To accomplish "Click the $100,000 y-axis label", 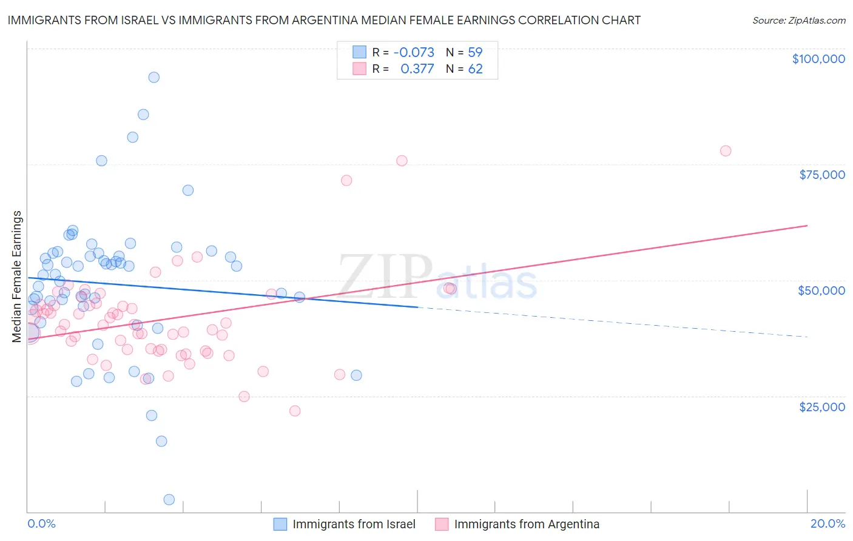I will pyautogui.click(x=818, y=59).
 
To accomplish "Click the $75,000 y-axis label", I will pyautogui.click(x=822, y=175).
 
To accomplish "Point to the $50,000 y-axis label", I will pyautogui.click(x=821, y=291).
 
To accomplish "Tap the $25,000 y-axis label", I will pyautogui.click(x=822, y=407).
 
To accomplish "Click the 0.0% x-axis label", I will pyautogui.click(x=41, y=523).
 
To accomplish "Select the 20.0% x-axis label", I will pyautogui.click(x=828, y=523).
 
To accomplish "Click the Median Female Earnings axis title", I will pyautogui.click(x=17, y=277).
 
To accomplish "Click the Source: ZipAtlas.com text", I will pyautogui.click(x=798, y=21).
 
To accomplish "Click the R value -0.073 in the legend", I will pyautogui.click(x=414, y=53).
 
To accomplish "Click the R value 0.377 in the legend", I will pyautogui.click(x=417, y=69).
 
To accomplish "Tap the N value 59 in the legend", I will pyautogui.click(x=475, y=53).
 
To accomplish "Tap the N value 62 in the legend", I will pyautogui.click(x=475, y=69).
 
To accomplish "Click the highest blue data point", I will pyautogui.click(x=154, y=77).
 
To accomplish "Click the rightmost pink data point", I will pyautogui.click(x=726, y=151).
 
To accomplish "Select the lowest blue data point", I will pyautogui.click(x=169, y=500).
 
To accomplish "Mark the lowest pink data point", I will pyautogui.click(x=295, y=411).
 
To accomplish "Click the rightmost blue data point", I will pyautogui.click(x=356, y=375).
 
